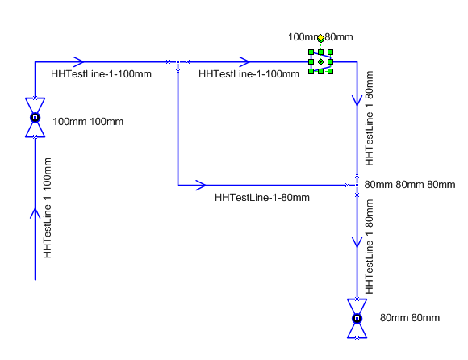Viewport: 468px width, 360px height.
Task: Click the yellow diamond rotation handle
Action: (x=320, y=38)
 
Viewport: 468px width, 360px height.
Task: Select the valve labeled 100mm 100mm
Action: (x=35, y=118)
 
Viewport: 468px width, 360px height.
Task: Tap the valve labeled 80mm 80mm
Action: (x=357, y=319)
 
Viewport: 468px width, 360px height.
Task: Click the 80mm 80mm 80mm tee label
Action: (x=410, y=185)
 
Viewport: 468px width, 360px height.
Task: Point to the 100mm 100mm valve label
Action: (x=88, y=122)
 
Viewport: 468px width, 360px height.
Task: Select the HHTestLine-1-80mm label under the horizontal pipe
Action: (x=262, y=197)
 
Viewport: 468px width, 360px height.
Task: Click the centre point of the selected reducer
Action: (x=320, y=62)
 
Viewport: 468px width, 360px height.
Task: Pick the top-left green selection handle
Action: (x=311, y=52)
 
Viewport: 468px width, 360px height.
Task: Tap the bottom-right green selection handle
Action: (x=330, y=71)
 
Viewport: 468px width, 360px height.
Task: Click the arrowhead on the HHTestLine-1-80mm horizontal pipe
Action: (x=201, y=185)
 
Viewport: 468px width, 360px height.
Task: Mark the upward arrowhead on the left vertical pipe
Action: (x=35, y=213)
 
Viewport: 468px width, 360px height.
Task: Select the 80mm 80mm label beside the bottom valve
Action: (x=410, y=318)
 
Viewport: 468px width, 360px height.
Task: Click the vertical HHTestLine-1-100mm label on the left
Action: (x=47, y=207)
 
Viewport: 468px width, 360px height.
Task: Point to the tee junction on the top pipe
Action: (x=178, y=62)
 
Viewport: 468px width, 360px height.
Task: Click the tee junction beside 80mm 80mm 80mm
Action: (x=357, y=186)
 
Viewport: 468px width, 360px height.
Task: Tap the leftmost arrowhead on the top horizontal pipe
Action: (x=79, y=62)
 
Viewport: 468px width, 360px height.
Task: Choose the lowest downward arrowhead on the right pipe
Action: (x=357, y=242)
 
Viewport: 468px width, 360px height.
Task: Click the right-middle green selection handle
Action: (x=330, y=62)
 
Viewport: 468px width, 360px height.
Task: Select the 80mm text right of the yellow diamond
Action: (x=339, y=37)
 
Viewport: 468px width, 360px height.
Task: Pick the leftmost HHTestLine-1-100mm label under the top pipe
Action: (x=101, y=73)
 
